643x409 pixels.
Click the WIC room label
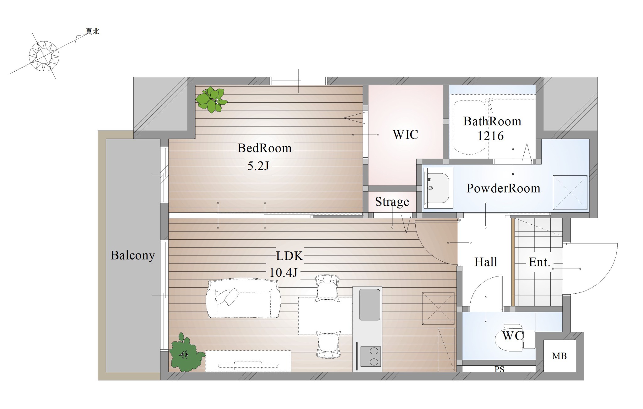tap(405, 134)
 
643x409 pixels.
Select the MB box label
tap(559, 356)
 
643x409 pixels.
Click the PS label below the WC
tap(500, 369)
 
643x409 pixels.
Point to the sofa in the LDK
tap(243, 298)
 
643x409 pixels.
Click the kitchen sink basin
tap(370, 304)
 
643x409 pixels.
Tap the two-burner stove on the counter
tap(371, 356)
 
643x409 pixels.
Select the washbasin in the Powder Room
tap(438, 188)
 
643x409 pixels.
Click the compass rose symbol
tap(44, 56)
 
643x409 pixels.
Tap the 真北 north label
tap(92, 31)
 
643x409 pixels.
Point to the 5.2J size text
tap(258, 166)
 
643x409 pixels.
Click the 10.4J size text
tap(283, 272)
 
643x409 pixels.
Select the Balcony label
tap(133, 255)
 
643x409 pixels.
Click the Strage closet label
tap(392, 202)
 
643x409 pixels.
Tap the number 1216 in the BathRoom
tap(490, 136)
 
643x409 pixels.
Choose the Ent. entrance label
tap(540, 262)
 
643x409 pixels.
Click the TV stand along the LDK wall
tap(248, 361)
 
